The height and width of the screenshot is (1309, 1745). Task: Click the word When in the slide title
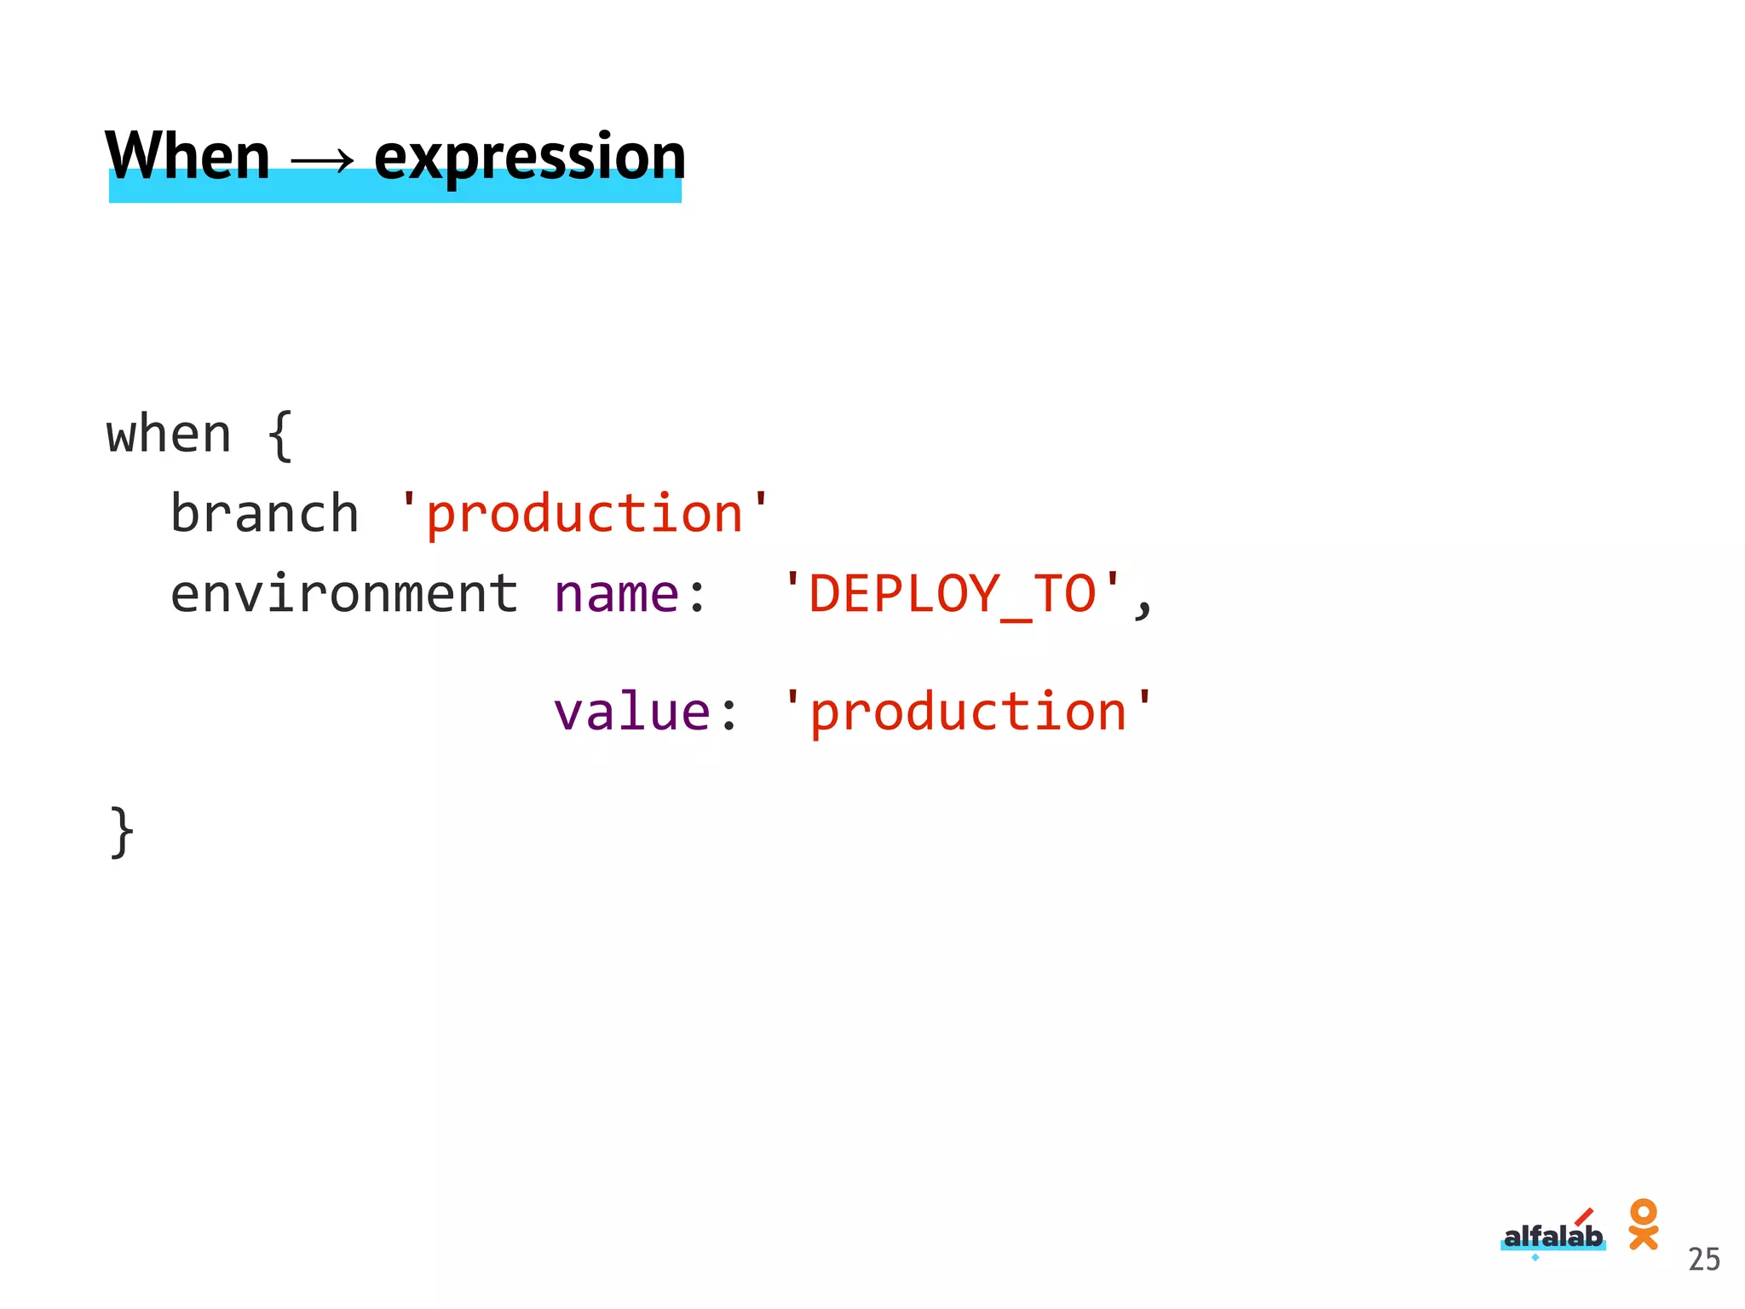[187, 157]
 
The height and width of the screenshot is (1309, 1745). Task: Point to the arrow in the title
[322, 159]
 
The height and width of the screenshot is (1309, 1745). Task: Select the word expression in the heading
[529, 159]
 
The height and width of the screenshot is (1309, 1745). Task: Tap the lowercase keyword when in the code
[169, 435]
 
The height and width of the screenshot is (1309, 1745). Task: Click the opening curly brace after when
[280, 435]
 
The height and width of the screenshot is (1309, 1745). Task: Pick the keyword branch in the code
[264, 514]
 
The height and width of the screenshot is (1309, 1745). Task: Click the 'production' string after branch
[585, 514]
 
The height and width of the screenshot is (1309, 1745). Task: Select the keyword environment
[343, 594]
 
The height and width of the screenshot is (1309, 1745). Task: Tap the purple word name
[616, 594]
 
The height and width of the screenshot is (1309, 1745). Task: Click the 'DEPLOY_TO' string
[952, 594]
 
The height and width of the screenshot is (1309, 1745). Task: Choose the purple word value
[631, 712]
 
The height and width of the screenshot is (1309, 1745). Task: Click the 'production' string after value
[968, 712]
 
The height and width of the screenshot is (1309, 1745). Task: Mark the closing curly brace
[123, 832]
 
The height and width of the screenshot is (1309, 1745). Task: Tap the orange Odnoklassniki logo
[1643, 1224]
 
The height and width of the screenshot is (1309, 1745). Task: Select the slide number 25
[1704, 1260]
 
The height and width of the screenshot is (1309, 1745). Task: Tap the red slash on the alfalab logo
[1584, 1215]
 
